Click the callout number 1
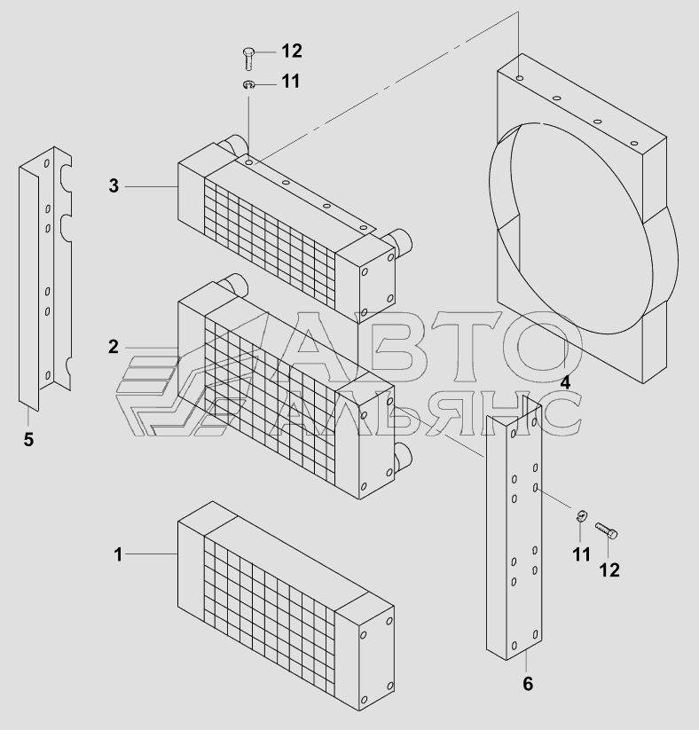(117, 554)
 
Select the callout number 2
(114, 347)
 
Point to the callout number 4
(565, 383)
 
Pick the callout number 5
(28, 438)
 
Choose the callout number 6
(528, 683)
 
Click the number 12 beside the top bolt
(291, 50)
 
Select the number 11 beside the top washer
(290, 82)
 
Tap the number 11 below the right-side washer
(580, 555)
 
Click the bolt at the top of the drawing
(247, 59)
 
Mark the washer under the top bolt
(249, 84)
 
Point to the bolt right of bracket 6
(606, 530)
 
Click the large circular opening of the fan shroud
(577, 231)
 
